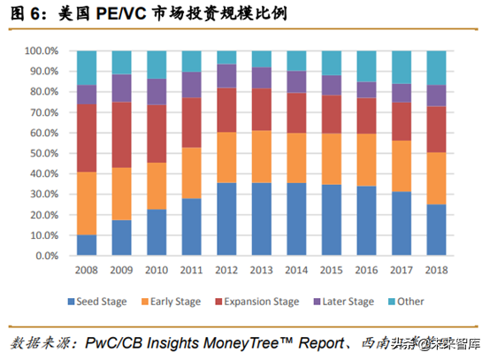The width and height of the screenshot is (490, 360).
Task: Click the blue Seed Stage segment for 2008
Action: tap(87, 245)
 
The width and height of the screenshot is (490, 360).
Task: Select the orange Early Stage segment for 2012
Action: tap(227, 157)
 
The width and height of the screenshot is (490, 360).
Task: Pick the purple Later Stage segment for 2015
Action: tap(331, 85)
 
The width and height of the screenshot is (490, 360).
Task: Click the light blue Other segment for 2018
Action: tap(436, 68)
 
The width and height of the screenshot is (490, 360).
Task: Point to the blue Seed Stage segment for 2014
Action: tap(295, 219)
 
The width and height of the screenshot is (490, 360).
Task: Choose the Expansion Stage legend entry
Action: tap(262, 303)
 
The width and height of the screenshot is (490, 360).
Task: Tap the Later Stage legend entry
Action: tap(347, 303)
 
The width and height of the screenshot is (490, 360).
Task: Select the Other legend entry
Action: tap(410, 303)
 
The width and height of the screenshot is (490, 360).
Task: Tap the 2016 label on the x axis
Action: tap(366, 270)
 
